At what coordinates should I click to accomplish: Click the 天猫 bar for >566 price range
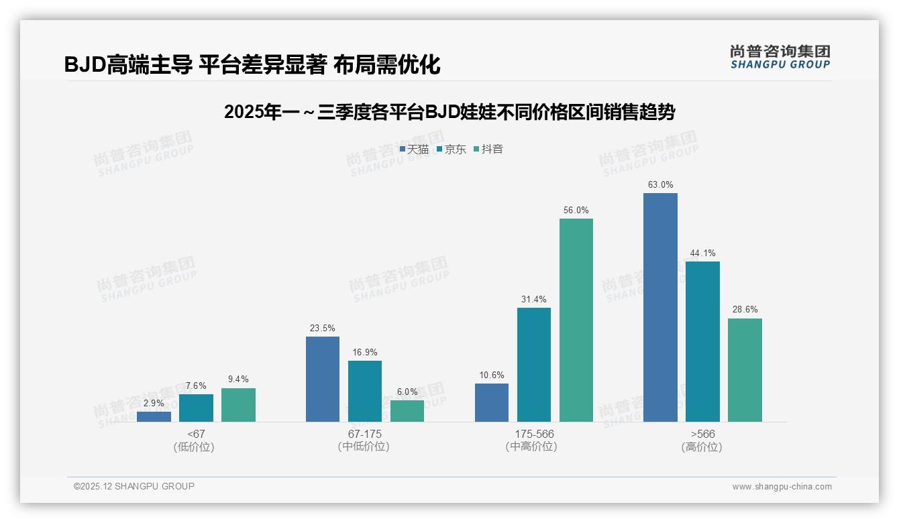[660, 307]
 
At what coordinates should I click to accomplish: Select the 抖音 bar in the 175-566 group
[576, 320]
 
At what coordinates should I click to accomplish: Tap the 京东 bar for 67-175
[365, 391]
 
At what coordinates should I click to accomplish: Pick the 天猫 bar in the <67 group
[154, 416]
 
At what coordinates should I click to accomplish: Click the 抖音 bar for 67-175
[407, 411]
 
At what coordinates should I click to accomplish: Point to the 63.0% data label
[660, 184]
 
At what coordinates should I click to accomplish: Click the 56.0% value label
[576, 210]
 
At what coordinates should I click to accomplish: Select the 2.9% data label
[154, 403]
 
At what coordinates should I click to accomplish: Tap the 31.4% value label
[534, 299]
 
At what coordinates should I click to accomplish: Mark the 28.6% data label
[745, 310]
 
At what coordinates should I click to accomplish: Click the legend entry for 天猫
[414, 150]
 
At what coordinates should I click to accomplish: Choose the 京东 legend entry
[451, 150]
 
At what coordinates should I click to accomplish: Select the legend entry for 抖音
[488, 150]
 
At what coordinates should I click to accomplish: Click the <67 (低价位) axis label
[196, 440]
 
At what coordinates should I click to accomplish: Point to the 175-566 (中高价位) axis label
[534, 440]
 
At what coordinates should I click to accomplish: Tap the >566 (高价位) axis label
[702, 440]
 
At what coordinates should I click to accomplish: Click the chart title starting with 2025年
[449, 112]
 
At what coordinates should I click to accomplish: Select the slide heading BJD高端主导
[252, 64]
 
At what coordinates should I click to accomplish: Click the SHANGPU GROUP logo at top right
[780, 57]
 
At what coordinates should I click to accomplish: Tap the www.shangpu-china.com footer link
[782, 487]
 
